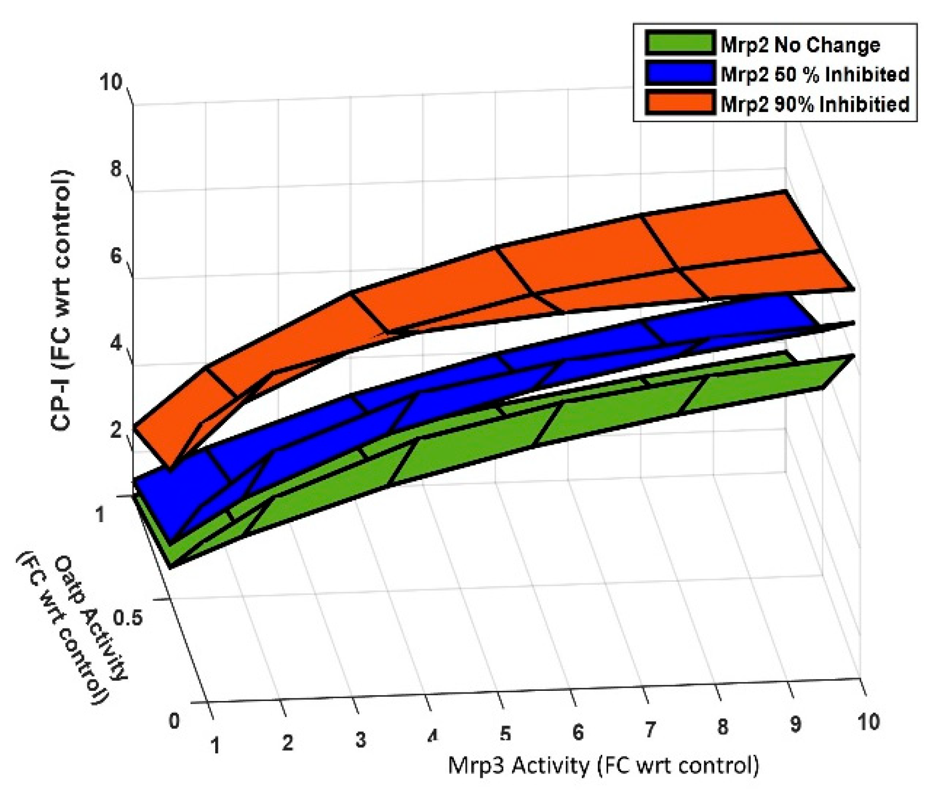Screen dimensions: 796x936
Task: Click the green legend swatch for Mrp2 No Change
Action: click(680, 44)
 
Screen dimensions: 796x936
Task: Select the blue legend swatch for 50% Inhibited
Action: click(680, 73)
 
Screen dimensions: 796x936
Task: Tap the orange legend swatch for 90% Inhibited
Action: click(680, 103)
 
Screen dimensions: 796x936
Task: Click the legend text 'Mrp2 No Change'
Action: click(799, 45)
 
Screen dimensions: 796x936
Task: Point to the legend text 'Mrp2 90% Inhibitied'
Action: click(814, 104)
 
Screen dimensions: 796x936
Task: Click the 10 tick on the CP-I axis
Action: click(111, 83)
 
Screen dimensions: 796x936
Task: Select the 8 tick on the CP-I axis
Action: click(116, 170)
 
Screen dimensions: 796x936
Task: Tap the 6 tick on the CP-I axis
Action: click(116, 257)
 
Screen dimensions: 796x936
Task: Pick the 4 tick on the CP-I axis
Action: click(116, 343)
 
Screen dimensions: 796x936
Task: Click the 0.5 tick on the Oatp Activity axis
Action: click(128, 618)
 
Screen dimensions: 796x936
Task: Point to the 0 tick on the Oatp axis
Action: click(174, 721)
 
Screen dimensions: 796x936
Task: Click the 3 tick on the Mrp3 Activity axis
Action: click(360, 739)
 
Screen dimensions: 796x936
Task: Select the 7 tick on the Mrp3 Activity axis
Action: click(649, 729)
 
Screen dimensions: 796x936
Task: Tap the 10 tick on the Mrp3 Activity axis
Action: click(868, 722)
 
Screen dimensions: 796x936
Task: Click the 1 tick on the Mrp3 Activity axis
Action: click(215, 745)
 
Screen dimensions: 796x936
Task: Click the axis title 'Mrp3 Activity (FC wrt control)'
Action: click(603, 765)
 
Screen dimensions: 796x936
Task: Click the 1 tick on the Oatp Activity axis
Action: click(99, 515)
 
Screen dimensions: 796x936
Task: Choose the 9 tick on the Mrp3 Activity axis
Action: click(795, 724)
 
